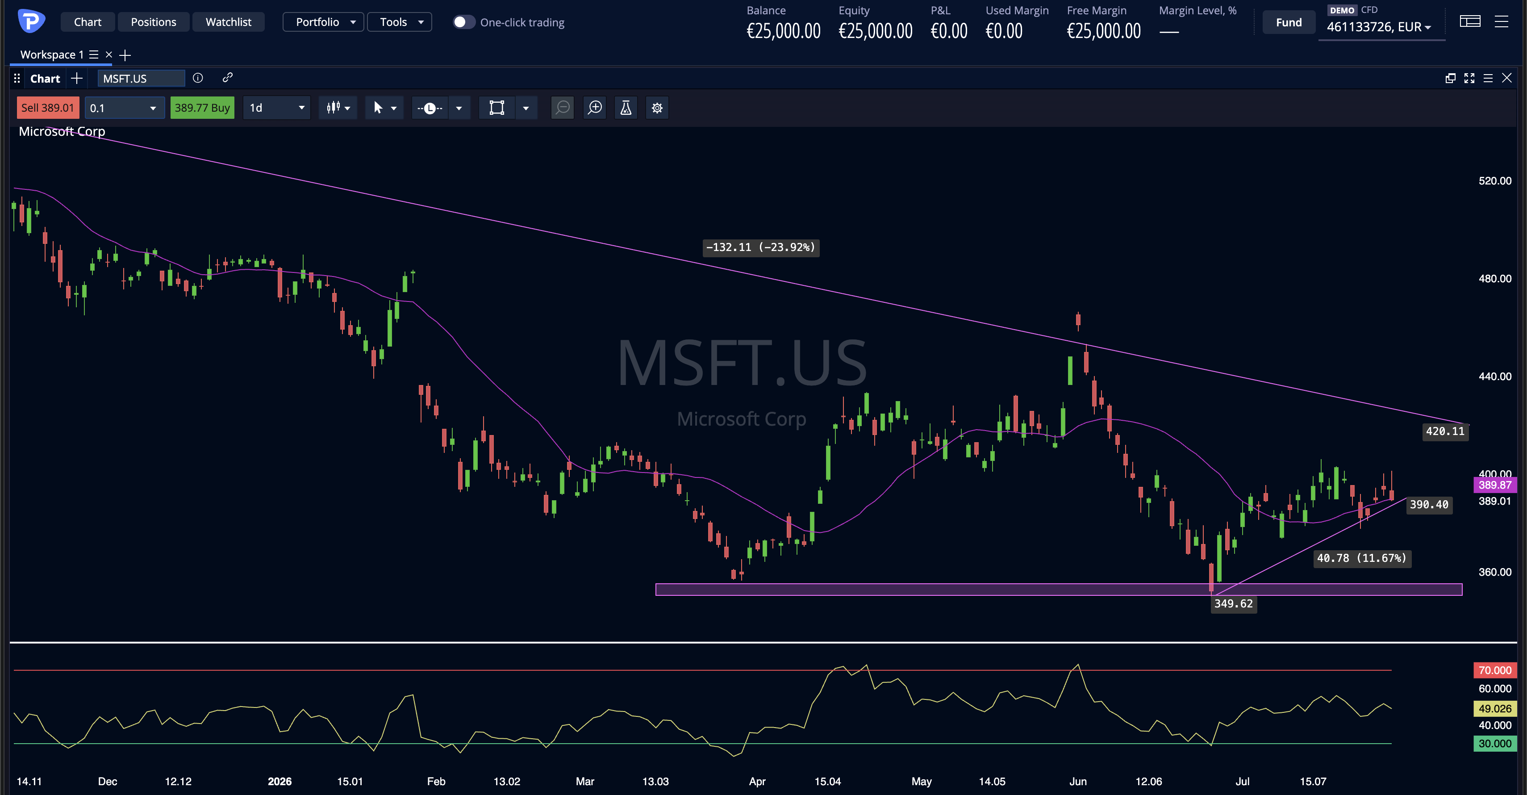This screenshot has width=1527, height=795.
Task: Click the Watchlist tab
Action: [228, 22]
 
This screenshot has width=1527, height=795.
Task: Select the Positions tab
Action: [154, 22]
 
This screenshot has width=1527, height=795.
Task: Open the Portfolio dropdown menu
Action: [323, 22]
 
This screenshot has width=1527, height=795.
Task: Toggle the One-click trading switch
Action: [463, 22]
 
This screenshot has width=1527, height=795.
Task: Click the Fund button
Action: [1289, 22]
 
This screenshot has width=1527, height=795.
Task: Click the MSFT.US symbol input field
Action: [141, 78]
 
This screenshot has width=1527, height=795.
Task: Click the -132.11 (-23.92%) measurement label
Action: [760, 247]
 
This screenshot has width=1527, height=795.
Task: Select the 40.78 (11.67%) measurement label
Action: [1362, 558]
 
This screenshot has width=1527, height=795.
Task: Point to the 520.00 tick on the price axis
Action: [1494, 181]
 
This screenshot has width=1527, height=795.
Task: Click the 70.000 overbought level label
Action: [1494, 670]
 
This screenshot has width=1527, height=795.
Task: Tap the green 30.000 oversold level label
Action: [1494, 744]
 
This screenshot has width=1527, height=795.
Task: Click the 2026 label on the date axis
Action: [280, 781]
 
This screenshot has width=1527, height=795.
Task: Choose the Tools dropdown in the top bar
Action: [400, 22]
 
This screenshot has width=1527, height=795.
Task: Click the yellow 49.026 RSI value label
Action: [1494, 708]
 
